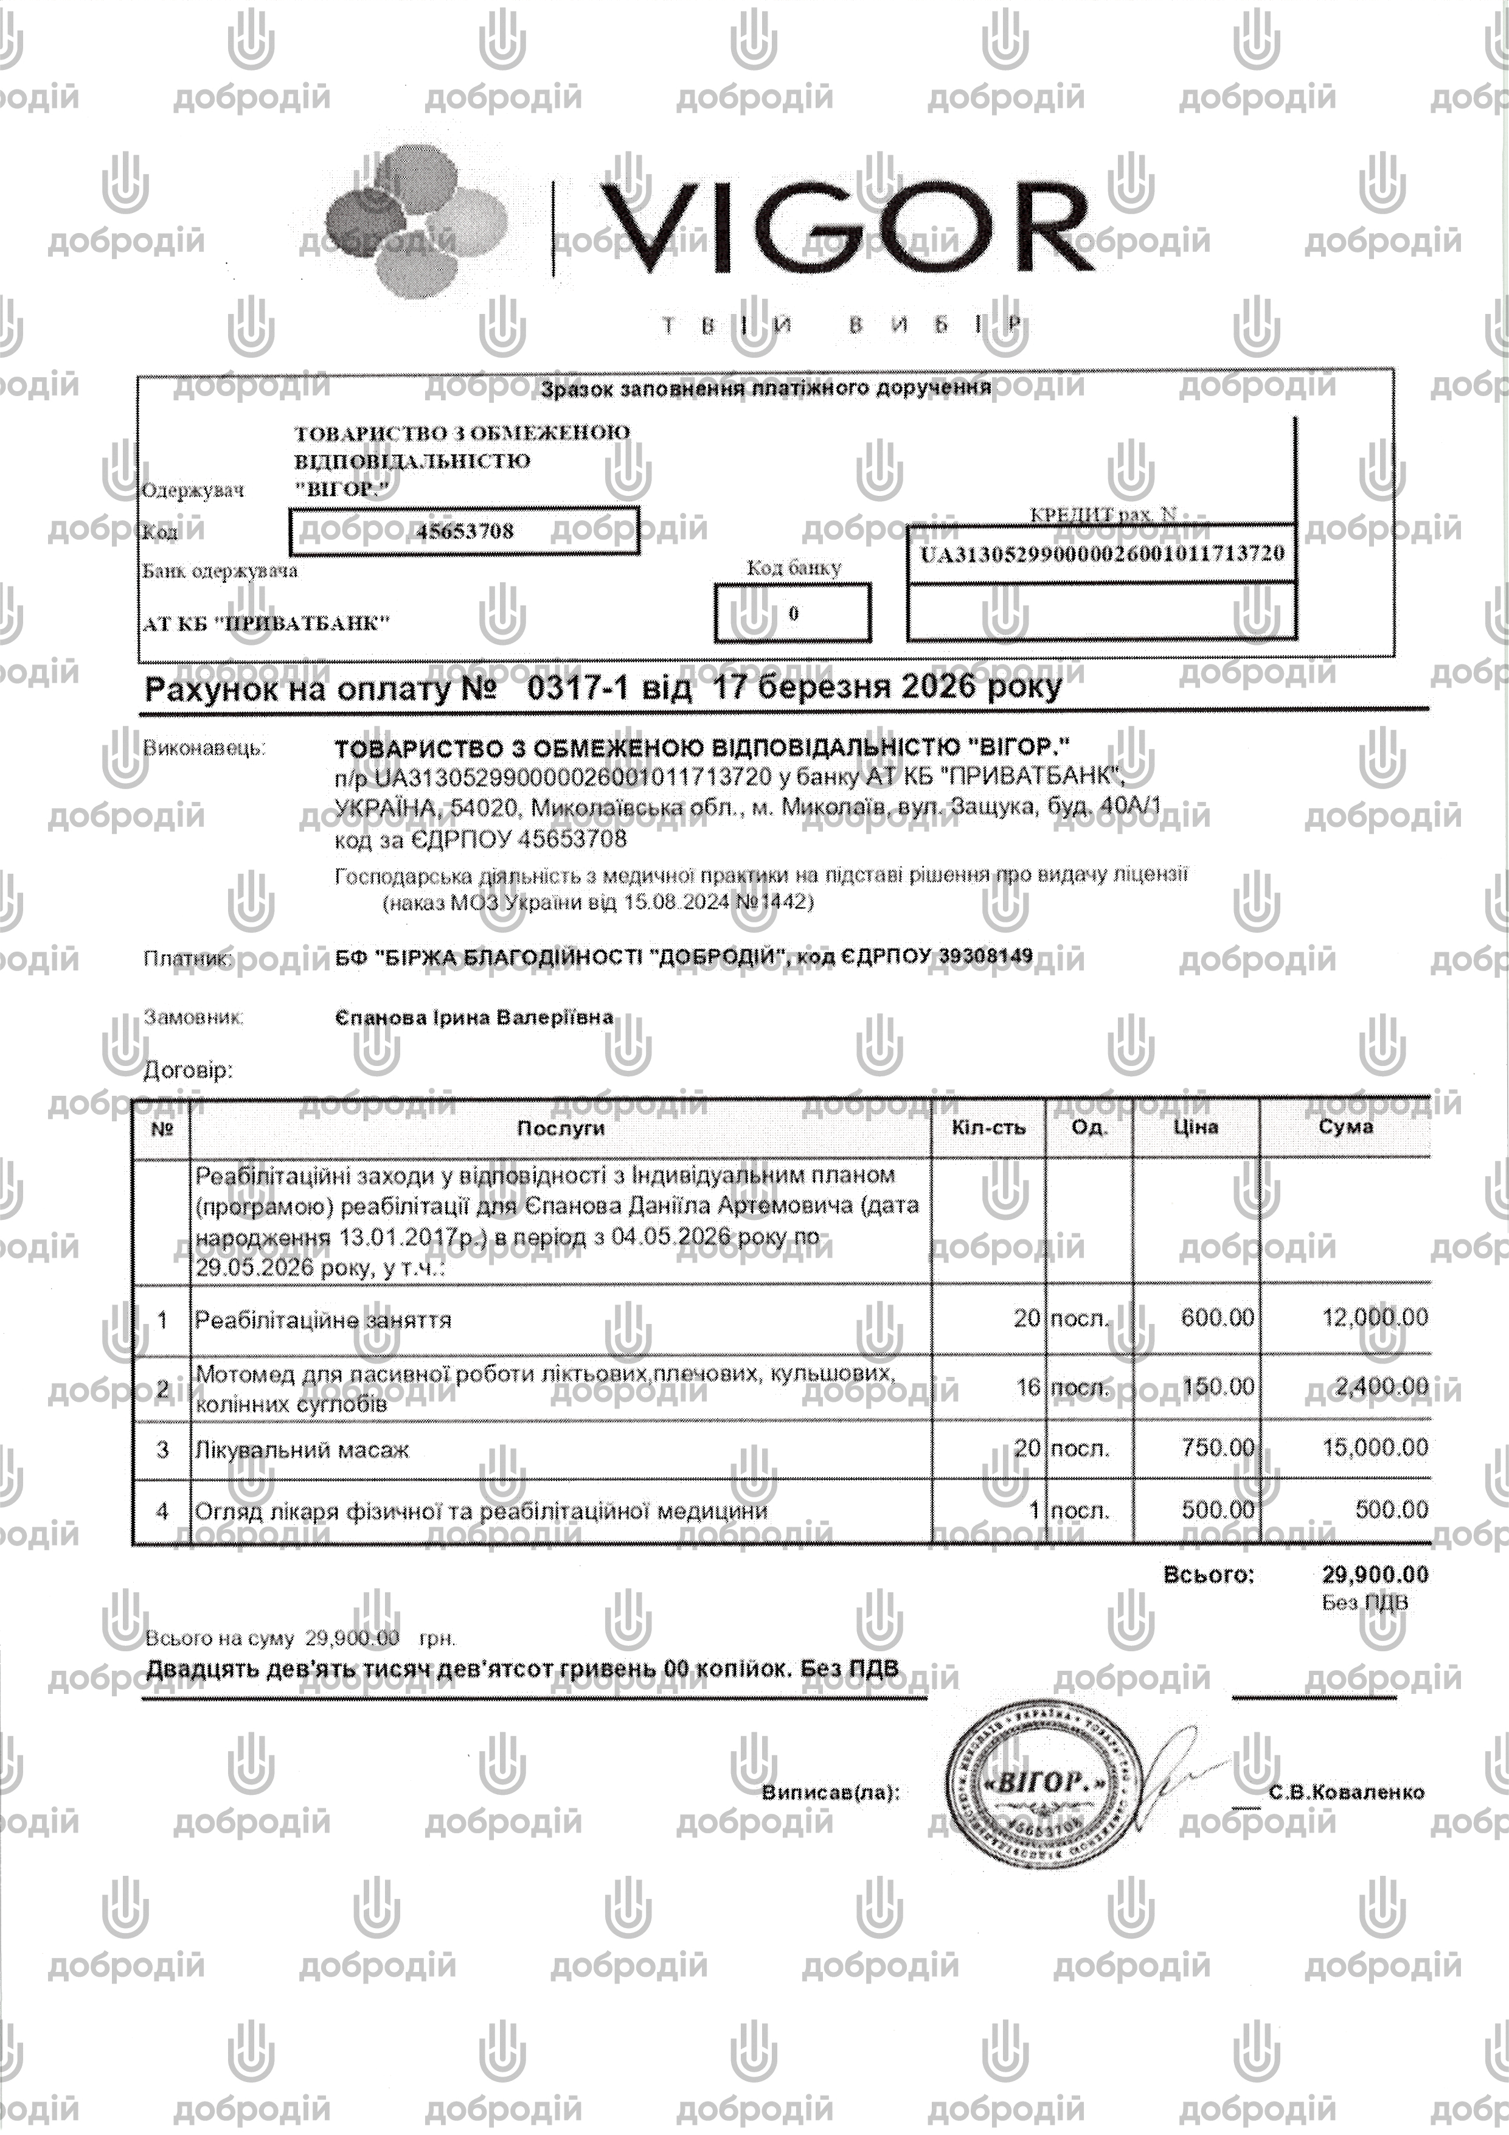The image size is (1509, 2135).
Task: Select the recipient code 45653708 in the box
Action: pos(465,532)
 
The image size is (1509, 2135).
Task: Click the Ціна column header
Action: pos(1196,1127)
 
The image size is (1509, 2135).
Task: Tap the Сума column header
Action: pos(1345,1127)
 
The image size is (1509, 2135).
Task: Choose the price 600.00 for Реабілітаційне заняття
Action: pos(1217,1318)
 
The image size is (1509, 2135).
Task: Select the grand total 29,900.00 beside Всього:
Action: pos(1374,1574)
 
